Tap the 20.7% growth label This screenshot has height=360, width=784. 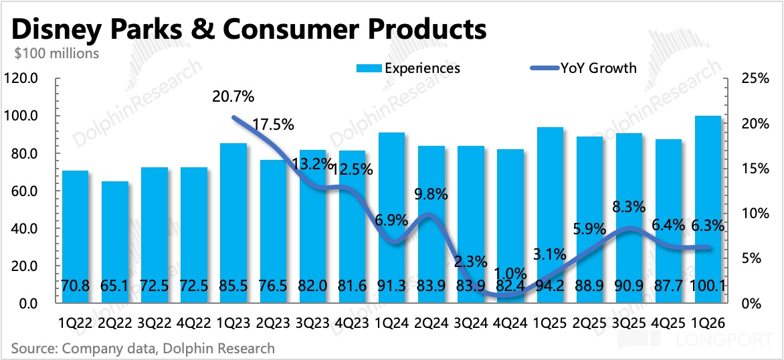tap(234, 96)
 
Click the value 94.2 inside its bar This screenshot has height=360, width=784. tap(549, 286)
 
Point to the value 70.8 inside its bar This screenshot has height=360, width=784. tap(74, 286)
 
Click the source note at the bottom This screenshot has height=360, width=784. tap(142, 348)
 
